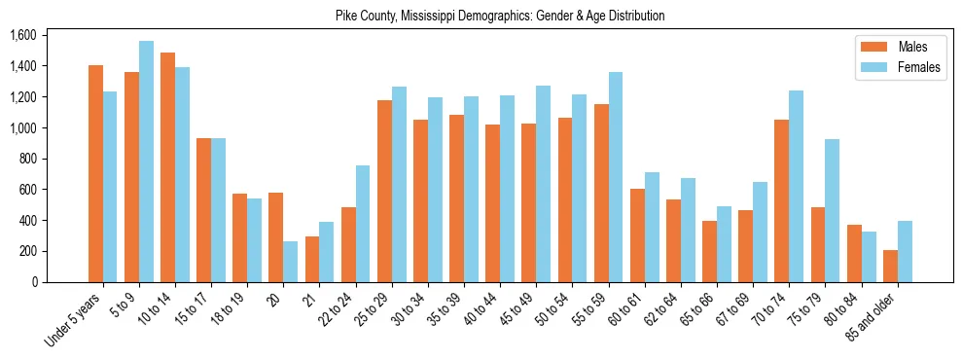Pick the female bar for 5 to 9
(x=146, y=162)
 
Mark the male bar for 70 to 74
(x=782, y=200)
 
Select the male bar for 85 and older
(x=890, y=266)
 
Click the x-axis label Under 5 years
(x=73, y=320)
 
